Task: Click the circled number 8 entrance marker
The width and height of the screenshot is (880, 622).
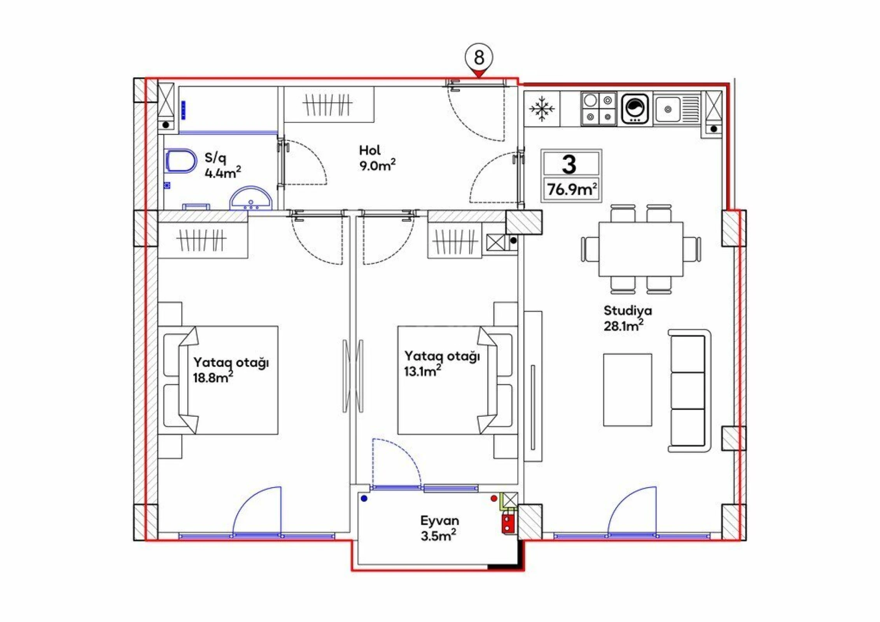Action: [x=479, y=58]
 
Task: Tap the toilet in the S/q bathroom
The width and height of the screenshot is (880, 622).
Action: [x=180, y=161]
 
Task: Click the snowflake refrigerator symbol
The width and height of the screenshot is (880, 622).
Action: [x=542, y=109]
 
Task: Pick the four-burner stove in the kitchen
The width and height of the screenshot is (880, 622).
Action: [x=598, y=109]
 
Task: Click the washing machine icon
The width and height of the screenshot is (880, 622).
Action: [x=635, y=109]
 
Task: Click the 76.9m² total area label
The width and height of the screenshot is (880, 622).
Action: [x=572, y=190]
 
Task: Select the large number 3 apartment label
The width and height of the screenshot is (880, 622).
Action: [x=569, y=164]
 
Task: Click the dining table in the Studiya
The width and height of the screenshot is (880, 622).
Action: [x=640, y=249]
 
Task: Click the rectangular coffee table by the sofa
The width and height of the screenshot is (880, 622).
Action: [x=627, y=390]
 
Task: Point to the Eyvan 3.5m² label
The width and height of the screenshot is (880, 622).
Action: [x=439, y=528]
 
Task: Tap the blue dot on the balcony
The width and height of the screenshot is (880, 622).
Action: [x=364, y=498]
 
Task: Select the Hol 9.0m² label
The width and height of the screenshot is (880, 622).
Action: [x=376, y=158]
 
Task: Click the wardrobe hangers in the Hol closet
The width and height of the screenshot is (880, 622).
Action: [x=327, y=105]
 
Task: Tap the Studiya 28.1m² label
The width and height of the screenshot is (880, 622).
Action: [x=627, y=318]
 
